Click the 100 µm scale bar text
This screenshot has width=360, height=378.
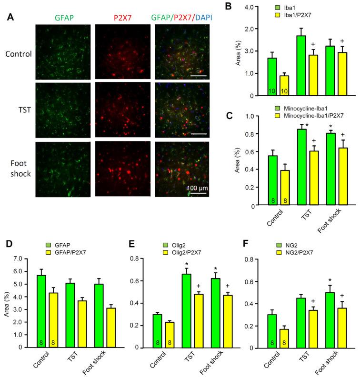tap(196, 189)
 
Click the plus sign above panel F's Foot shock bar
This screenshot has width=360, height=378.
tap(341, 295)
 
